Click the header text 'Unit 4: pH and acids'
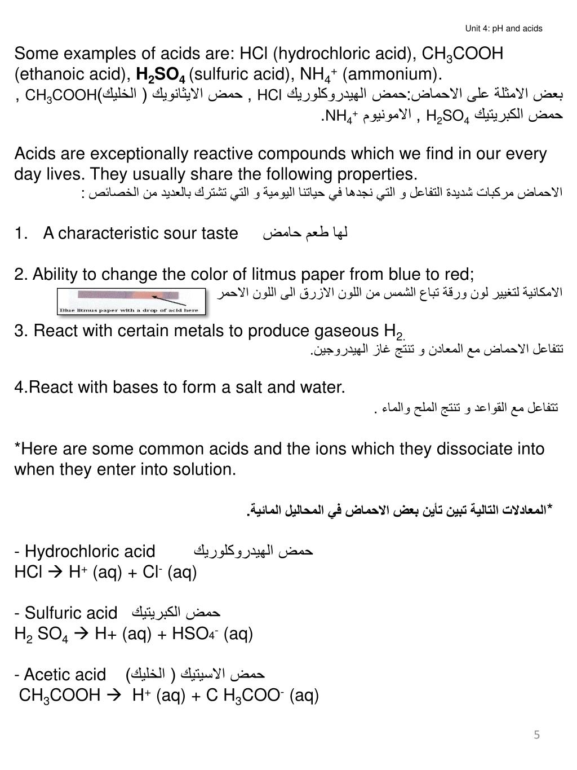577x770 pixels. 504,28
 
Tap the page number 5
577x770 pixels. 537,734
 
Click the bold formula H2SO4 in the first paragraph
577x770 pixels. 161,75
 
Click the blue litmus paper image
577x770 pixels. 131,301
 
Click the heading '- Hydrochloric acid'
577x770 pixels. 85,551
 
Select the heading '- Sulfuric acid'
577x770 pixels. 66,613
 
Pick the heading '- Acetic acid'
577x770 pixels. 60,674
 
